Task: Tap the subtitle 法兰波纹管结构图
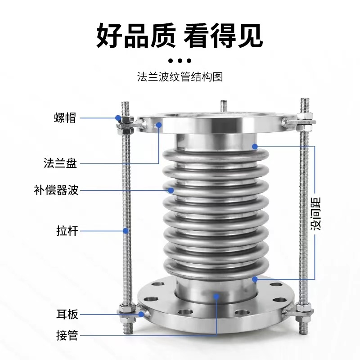click(x=180, y=77)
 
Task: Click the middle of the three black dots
click(x=180, y=61)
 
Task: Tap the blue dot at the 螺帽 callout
click(x=118, y=118)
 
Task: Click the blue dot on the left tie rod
click(x=126, y=231)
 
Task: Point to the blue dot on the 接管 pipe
click(x=216, y=296)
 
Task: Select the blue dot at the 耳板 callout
click(x=141, y=314)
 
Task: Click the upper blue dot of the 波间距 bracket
click(x=255, y=146)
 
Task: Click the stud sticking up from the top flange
click(x=223, y=105)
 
